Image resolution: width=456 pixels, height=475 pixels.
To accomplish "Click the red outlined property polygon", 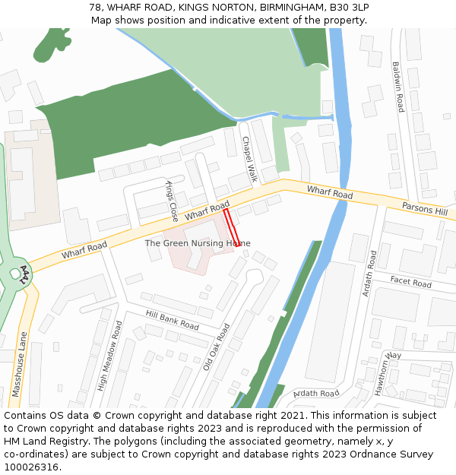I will (x=233, y=227).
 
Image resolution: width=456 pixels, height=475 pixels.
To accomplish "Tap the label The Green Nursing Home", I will (x=198, y=243).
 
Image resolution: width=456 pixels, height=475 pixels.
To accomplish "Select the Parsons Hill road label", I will (x=425, y=209).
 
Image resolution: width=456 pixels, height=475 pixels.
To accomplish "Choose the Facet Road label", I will (x=410, y=283).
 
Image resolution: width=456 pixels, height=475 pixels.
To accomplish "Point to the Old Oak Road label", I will (x=216, y=347).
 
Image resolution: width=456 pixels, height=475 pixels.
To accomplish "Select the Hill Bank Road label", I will (x=173, y=321).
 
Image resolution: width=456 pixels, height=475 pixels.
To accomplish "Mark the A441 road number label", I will (x=25, y=275).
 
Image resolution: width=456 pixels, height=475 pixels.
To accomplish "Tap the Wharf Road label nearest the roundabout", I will (x=84, y=248).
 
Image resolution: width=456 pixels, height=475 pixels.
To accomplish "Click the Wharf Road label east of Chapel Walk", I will (x=330, y=193).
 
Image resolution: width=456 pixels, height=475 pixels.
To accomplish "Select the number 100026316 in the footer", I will (x=31, y=467).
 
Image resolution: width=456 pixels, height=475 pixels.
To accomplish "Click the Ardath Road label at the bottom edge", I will (x=315, y=394).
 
